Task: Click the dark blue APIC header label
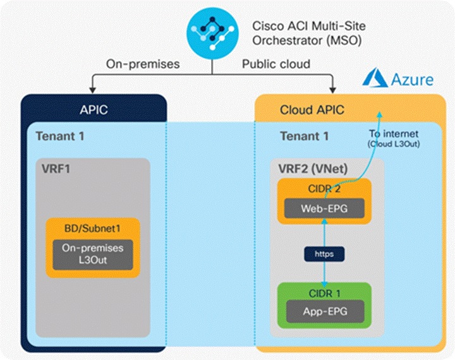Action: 94,110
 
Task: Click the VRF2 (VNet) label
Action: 313,170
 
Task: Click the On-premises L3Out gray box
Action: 92,254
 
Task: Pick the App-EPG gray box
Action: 323,311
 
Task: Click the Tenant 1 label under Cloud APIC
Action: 304,136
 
